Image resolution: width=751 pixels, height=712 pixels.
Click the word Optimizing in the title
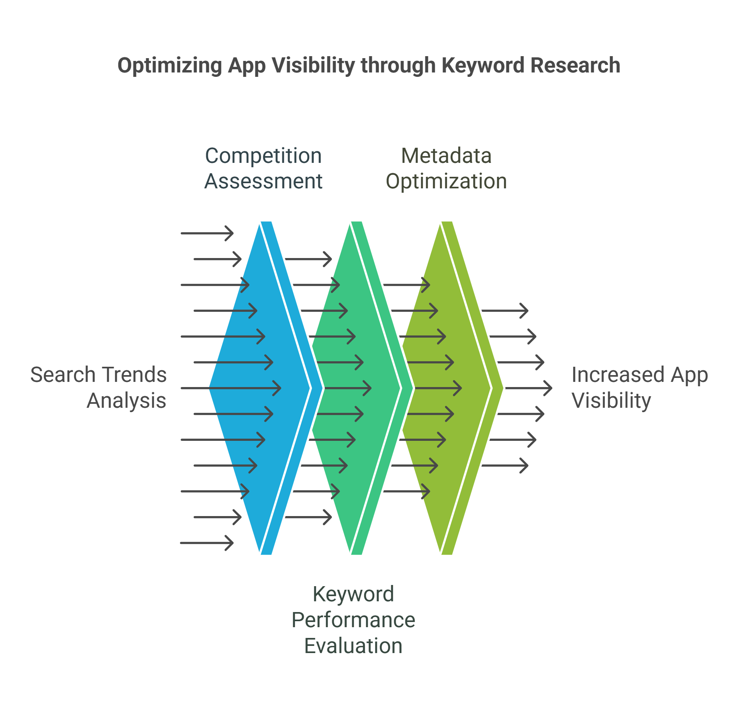tap(170, 66)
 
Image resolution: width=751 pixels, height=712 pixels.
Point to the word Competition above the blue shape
tap(263, 156)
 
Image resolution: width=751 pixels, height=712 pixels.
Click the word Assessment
tap(263, 182)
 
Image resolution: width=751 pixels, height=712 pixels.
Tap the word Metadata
tap(446, 156)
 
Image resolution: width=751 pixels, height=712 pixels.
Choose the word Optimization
tap(446, 182)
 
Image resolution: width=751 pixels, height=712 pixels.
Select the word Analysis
tap(127, 401)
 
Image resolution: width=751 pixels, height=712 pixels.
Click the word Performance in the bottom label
tap(353, 620)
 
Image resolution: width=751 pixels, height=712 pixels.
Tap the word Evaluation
tap(353, 646)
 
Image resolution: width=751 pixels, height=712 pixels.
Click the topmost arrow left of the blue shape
tap(207, 233)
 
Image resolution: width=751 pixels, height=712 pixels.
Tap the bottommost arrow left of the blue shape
tap(207, 543)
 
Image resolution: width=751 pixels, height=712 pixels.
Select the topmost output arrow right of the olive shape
tap(505, 311)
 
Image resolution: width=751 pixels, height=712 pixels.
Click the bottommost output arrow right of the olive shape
tap(505, 466)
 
